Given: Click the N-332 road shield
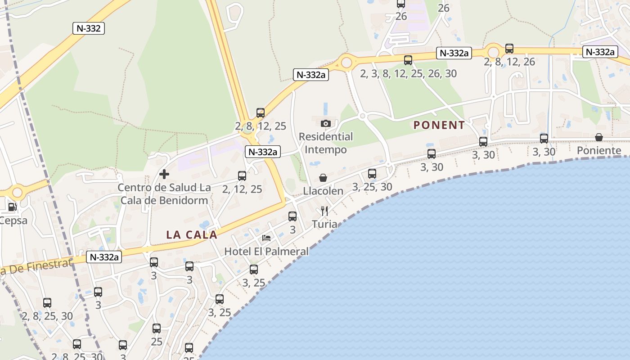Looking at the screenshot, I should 89,28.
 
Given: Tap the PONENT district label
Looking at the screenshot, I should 439,125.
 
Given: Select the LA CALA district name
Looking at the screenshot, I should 192,234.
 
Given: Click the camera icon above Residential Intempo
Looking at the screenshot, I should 326,123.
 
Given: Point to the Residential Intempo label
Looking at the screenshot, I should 326,143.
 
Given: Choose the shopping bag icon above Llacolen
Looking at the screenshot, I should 323,178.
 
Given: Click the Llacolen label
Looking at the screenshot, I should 323,191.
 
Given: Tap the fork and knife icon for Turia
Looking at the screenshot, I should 324,211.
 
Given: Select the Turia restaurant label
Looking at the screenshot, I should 324,224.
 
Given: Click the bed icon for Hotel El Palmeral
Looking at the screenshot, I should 266,238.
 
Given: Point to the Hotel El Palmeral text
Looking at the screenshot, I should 266,251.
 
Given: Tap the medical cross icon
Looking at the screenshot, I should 164,174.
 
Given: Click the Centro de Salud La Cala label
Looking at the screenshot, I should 164,193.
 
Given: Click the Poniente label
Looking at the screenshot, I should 599,150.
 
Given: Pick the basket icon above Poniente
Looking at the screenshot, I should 599,137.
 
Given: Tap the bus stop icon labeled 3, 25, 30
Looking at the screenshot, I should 372,173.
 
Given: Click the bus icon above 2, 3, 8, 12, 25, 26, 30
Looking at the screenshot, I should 408,60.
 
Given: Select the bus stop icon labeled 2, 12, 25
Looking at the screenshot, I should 242,176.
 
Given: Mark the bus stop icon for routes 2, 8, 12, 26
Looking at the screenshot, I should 509,49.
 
